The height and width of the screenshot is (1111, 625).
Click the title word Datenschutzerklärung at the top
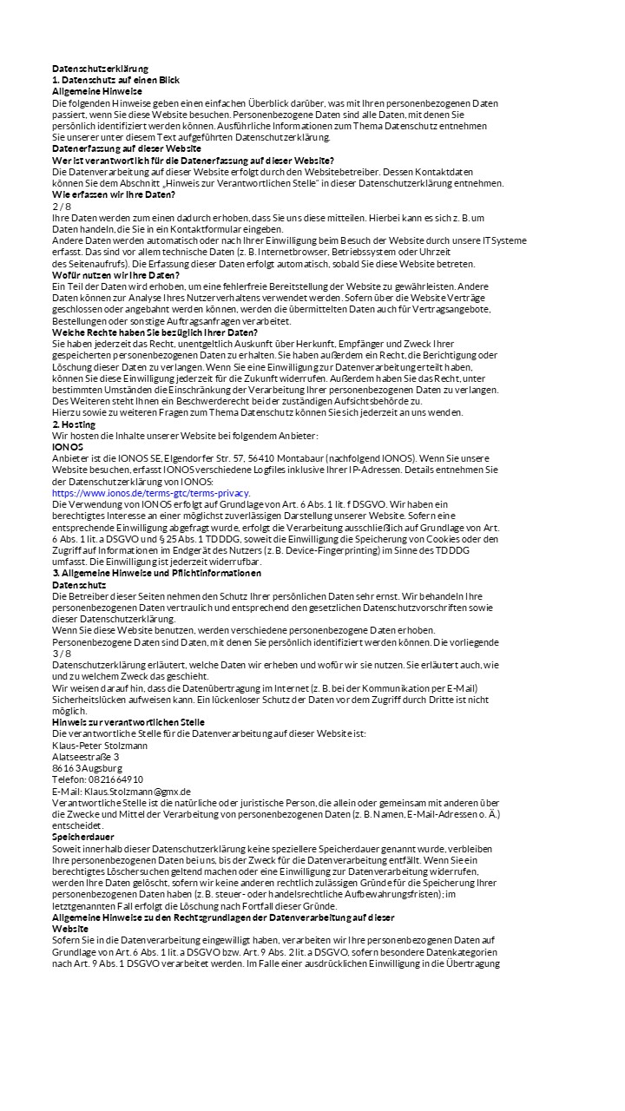coord(100,69)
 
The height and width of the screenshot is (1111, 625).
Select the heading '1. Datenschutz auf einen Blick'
coord(115,80)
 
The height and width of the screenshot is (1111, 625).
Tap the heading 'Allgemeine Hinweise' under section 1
coord(97,91)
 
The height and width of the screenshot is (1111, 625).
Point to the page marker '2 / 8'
coord(62,206)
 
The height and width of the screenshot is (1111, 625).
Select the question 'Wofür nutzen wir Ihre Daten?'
coord(115,275)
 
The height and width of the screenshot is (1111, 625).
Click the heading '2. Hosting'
coord(74,424)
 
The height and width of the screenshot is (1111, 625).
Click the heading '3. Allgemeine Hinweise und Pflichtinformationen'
coord(156,573)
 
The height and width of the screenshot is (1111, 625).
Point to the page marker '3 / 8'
coord(62,653)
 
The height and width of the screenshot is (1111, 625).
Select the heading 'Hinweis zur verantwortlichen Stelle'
coord(128,722)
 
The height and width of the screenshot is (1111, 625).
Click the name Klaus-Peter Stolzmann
coord(100,745)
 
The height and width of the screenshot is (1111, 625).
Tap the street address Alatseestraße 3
coord(86,757)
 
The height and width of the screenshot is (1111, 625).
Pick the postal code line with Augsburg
coord(87,768)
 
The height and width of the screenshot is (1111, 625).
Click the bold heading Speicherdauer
coord(83,837)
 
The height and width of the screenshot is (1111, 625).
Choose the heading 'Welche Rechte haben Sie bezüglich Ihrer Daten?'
coord(155,332)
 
